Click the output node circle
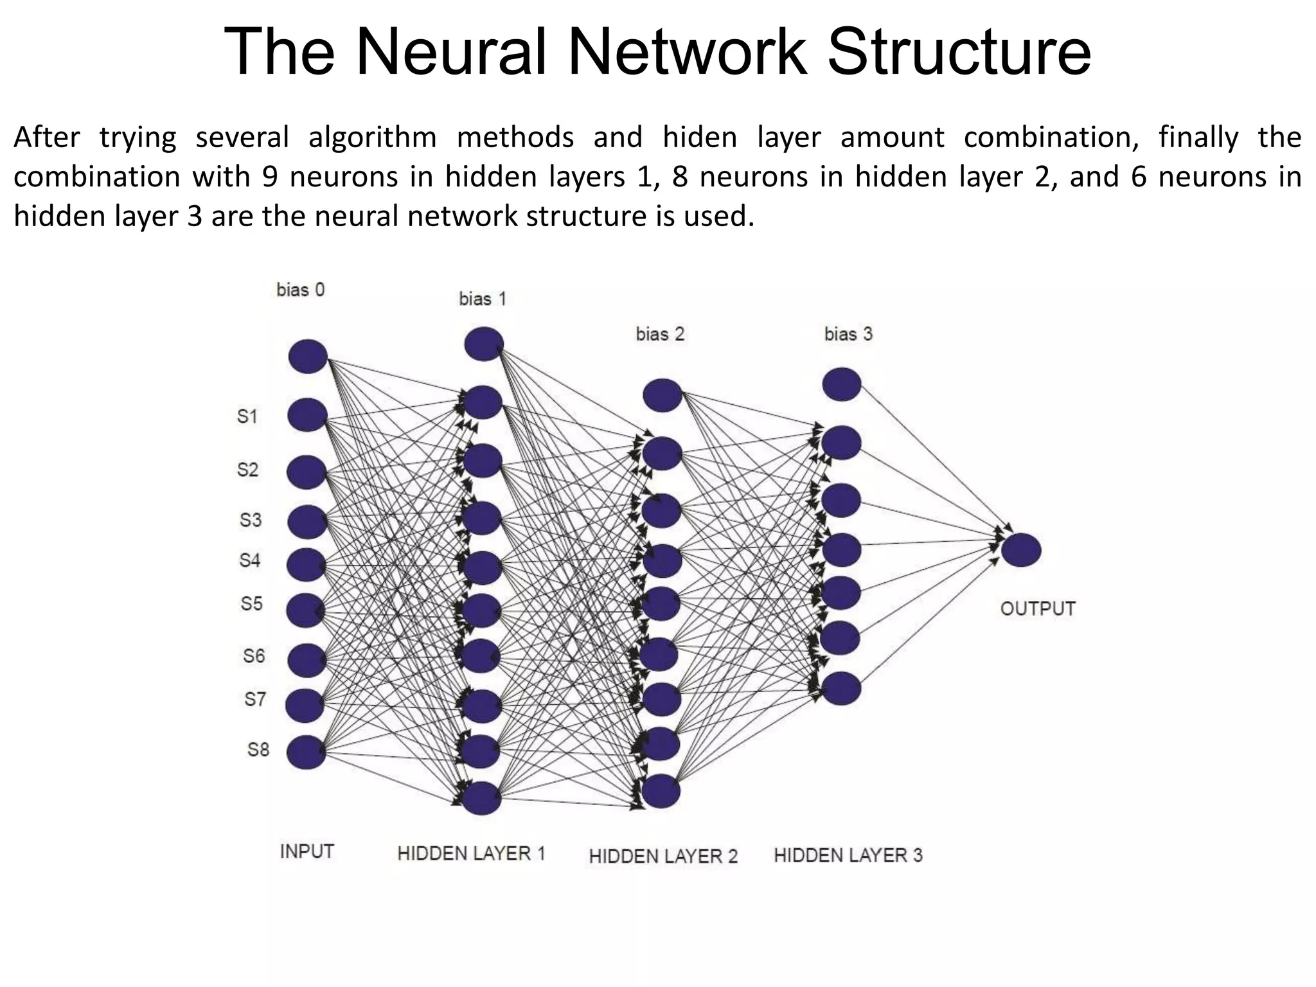(1021, 550)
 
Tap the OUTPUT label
(1037, 609)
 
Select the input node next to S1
(307, 414)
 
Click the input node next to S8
(306, 752)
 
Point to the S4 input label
(250, 560)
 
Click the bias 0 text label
(300, 290)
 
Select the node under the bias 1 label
(483, 344)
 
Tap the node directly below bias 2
(662, 395)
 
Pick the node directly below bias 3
(842, 384)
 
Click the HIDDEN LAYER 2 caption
(663, 856)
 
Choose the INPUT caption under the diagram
(307, 851)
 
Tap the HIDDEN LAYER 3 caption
(848, 855)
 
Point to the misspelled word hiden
(700, 138)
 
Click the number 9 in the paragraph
(270, 177)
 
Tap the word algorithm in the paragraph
(372, 138)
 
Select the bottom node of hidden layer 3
(841, 688)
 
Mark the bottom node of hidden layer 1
(481, 798)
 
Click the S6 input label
(254, 655)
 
